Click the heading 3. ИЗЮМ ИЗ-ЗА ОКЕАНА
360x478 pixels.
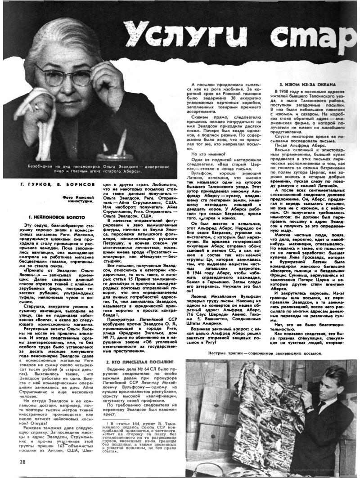pos(307,85)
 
